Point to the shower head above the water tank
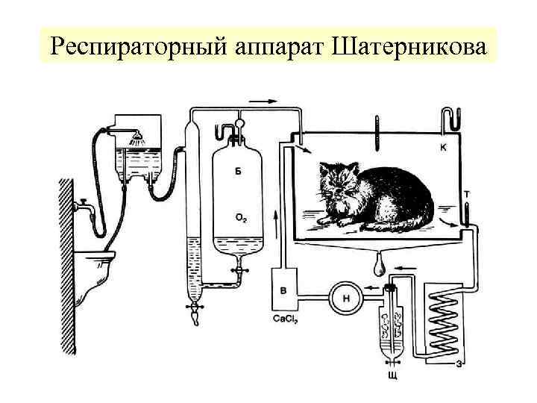[x=136, y=138]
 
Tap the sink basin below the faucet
[x=98, y=263]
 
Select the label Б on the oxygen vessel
[x=238, y=172]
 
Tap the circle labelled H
[x=346, y=297]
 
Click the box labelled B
[x=283, y=289]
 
